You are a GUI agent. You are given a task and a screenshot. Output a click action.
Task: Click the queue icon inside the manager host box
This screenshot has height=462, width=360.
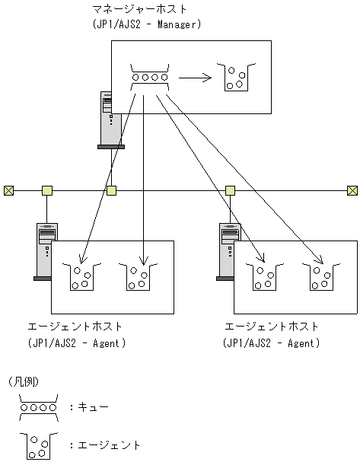pyautogui.click(x=149, y=76)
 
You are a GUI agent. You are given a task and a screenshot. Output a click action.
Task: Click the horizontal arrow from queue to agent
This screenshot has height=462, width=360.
pyautogui.click(x=195, y=76)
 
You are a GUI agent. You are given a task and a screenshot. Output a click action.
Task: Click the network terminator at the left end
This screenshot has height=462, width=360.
pyautogui.click(x=9, y=190)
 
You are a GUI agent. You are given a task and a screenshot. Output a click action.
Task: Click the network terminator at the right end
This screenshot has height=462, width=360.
pyautogui.click(x=352, y=190)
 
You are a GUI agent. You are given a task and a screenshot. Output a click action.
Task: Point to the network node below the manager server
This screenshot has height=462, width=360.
pyautogui.click(x=111, y=190)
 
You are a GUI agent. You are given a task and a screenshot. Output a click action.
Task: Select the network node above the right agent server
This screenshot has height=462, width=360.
pyautogui.click(x=230, y=190)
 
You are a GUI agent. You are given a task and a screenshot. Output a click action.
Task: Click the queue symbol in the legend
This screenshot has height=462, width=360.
pyautogui.click(x=38, y=407)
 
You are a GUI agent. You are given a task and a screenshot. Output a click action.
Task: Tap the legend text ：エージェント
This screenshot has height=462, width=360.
pyautogui.click(x=104, y=444)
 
